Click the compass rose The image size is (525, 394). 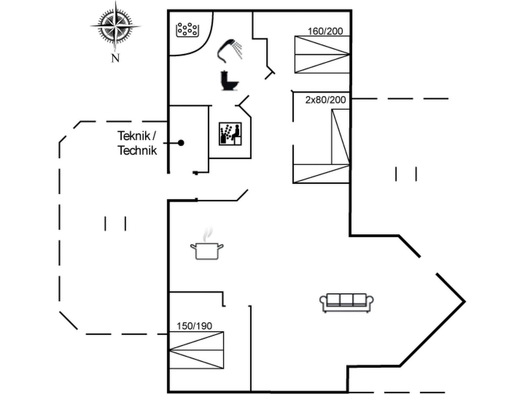click(115, 26)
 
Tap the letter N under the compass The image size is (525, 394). click(115, 58)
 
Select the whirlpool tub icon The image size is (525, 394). click(188, 30)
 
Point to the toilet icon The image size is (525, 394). click(229, 81)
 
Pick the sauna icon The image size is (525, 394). click(230, 134)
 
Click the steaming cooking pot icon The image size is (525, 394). click(207, 251)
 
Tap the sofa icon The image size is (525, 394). click(346, 303)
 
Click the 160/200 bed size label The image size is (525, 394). click(325, 31)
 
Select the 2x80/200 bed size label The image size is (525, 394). click(325, 100)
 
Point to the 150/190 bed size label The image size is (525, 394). click(194, 326)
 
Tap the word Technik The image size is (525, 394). click(137, 151)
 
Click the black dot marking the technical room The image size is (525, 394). click(181, 143)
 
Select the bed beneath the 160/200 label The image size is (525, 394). click(322, 55)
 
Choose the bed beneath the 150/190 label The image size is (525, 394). click(196, 350)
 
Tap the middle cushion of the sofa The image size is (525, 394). click(346, 299)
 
